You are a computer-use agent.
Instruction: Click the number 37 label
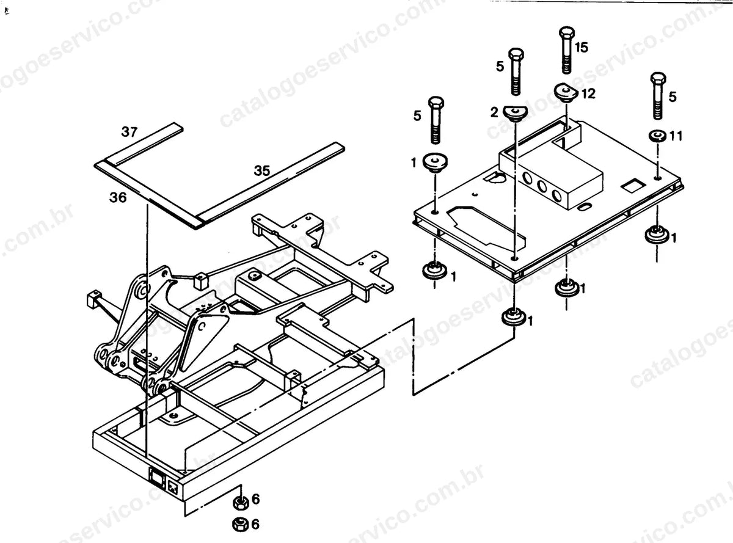point(129,132)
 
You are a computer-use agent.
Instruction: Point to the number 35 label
point(262,170)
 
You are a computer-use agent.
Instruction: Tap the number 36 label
point(118,197)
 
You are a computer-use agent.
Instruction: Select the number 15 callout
point(582,48)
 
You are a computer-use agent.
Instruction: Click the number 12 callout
point(588,93)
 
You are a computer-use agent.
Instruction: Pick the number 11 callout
point(676,136)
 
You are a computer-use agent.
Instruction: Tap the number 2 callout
point(494,113)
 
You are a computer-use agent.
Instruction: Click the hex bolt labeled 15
point(567,49)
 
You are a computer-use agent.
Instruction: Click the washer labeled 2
point(515,114)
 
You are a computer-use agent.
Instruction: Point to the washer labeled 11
point(658,136)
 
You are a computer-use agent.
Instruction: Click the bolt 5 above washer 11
point(658,96)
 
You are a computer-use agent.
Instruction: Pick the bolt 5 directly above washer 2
point(516,71)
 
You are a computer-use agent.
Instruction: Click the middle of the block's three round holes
point(542,186)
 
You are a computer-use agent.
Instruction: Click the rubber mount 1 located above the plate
point(436,163)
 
